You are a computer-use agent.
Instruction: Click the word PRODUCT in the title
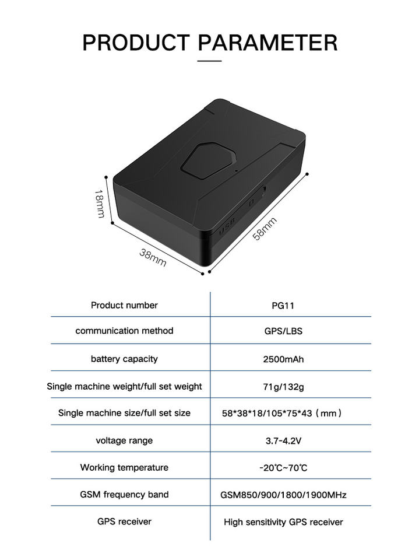135,43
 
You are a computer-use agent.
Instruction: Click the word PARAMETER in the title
267,43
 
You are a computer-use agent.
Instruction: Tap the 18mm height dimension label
100,204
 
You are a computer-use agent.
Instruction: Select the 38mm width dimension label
153,257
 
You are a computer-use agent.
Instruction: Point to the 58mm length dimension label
264,228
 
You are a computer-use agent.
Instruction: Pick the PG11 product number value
283,306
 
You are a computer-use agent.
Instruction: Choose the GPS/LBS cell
283,331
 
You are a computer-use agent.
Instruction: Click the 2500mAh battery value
283,359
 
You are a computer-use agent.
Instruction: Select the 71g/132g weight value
283,386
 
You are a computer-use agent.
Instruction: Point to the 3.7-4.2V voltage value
283,441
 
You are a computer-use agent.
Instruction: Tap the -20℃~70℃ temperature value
283,468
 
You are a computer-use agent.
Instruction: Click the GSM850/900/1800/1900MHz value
283,495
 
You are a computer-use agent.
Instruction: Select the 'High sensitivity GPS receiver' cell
283,522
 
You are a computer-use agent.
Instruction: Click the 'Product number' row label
124,305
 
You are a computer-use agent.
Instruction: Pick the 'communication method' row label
124,331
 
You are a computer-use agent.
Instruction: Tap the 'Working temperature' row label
124,467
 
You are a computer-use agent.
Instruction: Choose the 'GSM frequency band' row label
124,495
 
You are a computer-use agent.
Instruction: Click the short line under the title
209,61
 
